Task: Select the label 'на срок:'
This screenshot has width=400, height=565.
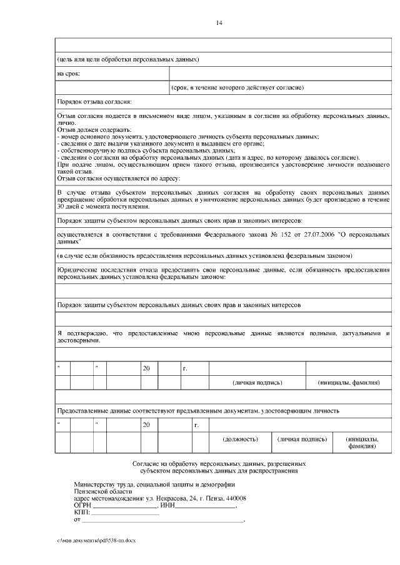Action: coord(69,74)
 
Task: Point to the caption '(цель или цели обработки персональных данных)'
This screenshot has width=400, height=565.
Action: coord(128,60)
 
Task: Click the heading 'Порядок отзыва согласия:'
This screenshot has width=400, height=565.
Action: coord(94,102)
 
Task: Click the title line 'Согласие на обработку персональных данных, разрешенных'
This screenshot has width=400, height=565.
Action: coord(219,464)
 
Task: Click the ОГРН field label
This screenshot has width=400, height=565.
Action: coord(82,505)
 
